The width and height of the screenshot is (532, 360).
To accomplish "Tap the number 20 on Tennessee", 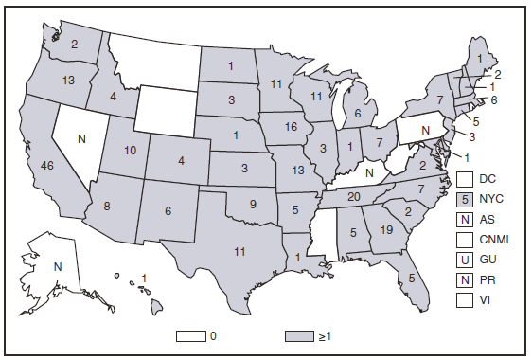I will click(x=355, y=196).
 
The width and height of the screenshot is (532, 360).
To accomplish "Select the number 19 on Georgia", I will click(x=385, y=228).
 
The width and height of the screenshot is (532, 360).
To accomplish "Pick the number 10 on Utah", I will click(x=130, y=151).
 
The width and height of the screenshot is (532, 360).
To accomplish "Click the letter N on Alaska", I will click(x=57, y=266).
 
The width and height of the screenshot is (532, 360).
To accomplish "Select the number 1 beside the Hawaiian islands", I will click(x=144, y=277).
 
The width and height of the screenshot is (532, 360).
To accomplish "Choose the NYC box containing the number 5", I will click(x=464, y=200).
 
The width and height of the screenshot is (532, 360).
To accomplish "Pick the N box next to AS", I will click(x=464, y=219).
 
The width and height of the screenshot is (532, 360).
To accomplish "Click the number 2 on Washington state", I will click(x=74, y=43).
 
